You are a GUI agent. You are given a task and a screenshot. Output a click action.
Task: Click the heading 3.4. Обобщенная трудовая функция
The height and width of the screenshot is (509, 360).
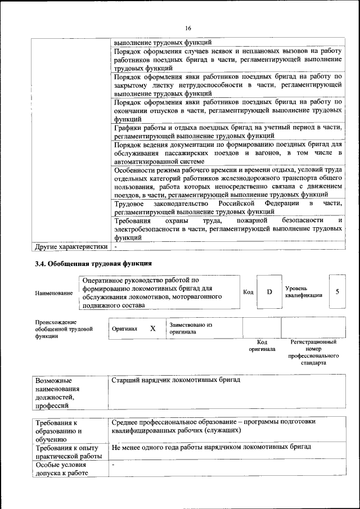pyautogui.click(x=93, y=263)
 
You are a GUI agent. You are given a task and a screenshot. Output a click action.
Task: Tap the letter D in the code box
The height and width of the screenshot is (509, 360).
pyautogui.click(x=269, y=292)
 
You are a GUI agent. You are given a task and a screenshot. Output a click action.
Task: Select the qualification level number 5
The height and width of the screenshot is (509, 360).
pyautogui.click(x=337, y=291)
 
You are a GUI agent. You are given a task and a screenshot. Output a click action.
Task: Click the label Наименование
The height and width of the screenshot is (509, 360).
pyautogui.click(x=54, y=293)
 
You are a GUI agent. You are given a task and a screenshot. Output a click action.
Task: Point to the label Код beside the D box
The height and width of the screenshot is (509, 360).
pyautogui.click(x=248, y=292)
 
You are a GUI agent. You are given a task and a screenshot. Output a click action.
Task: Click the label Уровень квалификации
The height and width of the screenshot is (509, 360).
pyautogui.click(x=304, y=292)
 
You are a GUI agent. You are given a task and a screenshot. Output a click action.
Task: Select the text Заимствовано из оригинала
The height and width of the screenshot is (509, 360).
pyautogui.click(x=191, y=328)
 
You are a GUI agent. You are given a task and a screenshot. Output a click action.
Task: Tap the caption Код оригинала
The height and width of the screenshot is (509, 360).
pyautogui.click(x=262, y=345)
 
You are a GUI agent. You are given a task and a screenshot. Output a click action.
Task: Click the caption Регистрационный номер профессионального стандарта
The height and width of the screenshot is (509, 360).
pyautogui.click(x=313, y=352)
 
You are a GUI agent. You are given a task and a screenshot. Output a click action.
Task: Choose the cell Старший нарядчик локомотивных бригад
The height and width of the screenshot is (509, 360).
pyautogui.click(x=176, y=381)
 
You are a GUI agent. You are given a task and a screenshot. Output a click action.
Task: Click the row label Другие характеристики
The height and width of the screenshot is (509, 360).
pyautogui.click(x=71, y=246)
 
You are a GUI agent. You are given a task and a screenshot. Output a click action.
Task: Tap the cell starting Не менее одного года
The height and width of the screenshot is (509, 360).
pyautogui.click(x=211, y=448)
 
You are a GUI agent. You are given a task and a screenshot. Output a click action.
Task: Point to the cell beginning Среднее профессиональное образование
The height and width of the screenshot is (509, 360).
pyautogui.click(x=214, y=426)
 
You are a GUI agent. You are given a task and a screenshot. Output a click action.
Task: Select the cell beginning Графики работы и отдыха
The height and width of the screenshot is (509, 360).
pyautogui.click(x=227, y=132)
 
